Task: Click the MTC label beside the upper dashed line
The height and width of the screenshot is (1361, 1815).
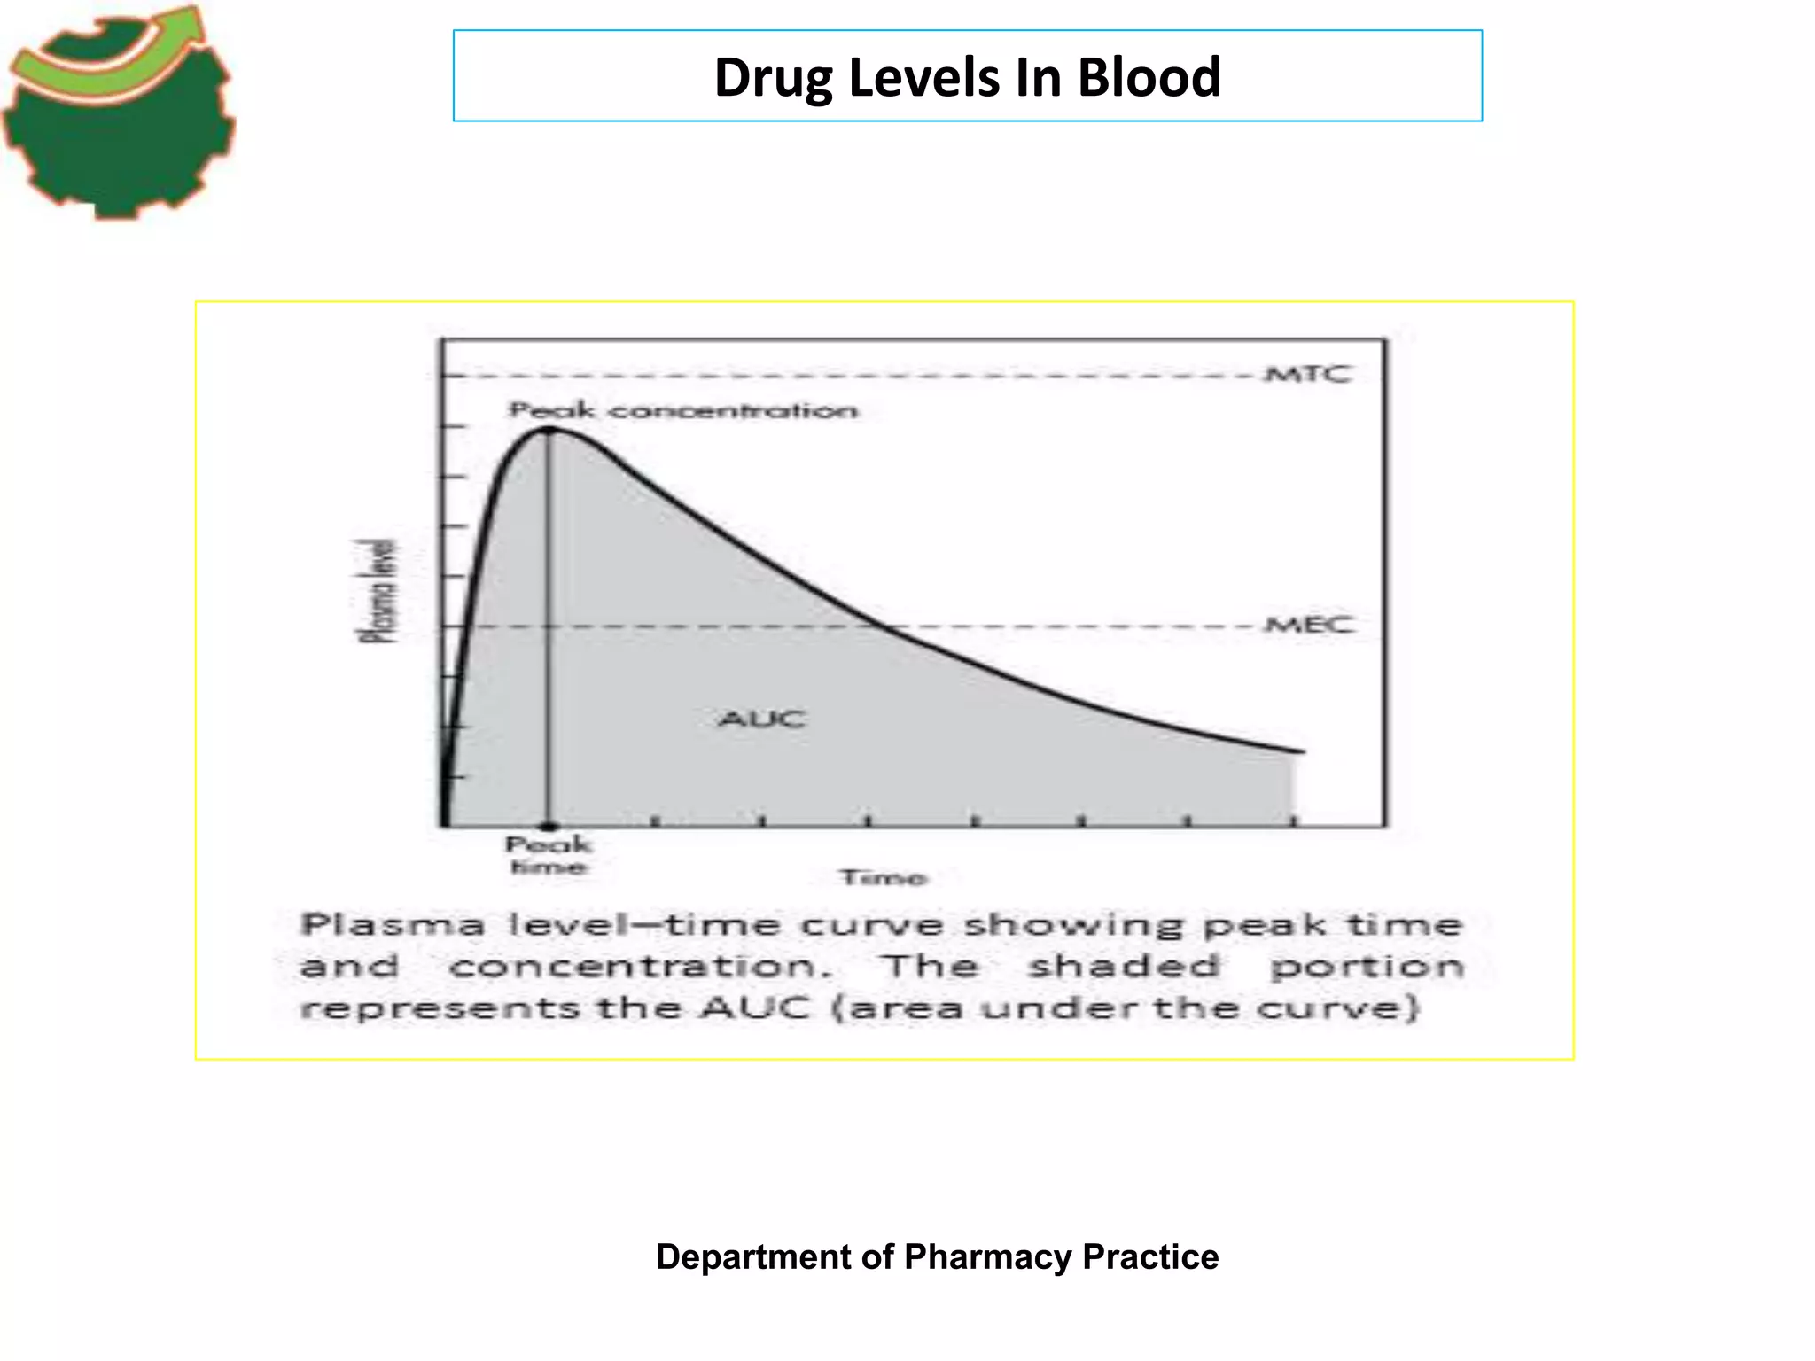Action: pos(1308,374)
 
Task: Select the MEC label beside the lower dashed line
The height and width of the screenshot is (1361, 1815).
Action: pos(1310,625)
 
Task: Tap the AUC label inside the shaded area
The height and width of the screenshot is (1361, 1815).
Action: pos(762,718)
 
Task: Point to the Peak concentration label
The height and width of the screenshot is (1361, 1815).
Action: pos(682,410)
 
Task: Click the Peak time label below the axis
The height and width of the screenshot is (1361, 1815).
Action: pos(549,855)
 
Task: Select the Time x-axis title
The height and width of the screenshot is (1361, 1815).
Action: pos(883,877)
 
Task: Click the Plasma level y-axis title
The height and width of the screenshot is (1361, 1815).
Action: pos(378,591)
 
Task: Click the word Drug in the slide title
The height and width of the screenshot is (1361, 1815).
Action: pos(773,77)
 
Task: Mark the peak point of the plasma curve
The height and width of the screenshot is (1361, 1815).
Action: pos(549,430)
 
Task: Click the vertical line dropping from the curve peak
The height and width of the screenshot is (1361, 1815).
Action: pos(549,638)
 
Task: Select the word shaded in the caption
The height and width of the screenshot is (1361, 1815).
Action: pos(1123,966)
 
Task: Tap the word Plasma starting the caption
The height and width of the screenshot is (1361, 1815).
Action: pos(392,925)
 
